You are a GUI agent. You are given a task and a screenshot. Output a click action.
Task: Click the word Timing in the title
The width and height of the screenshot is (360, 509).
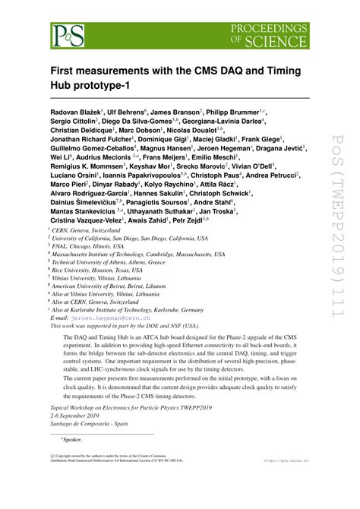[x=271, y=71]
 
